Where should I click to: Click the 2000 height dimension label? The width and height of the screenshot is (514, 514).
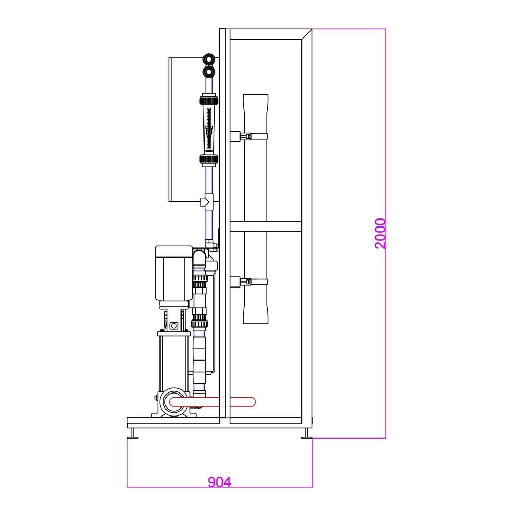pos(381,234)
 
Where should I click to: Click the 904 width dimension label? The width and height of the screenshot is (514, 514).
pos(220,482)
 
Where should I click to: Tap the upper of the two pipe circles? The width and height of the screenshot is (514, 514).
pos(209,59)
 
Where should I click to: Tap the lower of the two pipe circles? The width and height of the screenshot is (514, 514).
pos(209,72)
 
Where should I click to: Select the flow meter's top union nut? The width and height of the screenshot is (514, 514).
pos(209,100)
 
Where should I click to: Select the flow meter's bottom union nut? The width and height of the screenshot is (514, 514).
pos(209,160)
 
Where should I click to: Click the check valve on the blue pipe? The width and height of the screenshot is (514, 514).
pos(207,201)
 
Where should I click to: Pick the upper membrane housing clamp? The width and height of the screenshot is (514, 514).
pos(248,136)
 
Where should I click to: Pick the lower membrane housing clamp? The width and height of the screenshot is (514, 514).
pos(248,282)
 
